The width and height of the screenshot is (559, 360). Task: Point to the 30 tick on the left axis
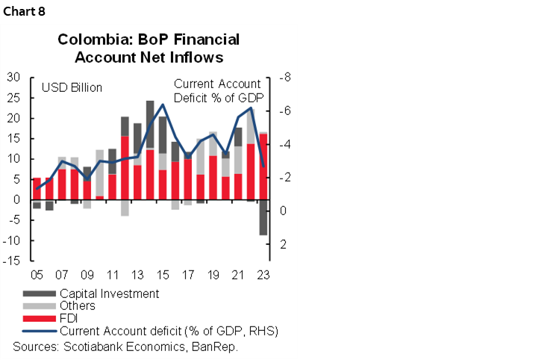click(x=13, y=78)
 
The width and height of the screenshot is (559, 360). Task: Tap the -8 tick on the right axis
click(x=284, y=78)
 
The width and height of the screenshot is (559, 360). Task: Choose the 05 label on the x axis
click(x=36, y=273)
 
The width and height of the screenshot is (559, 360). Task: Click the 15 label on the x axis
click(x=162, y=273)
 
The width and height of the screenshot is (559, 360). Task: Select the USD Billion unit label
click(x=71, y=88)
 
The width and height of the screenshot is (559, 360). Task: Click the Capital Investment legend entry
click(x=109, y=294)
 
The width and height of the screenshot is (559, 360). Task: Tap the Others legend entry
click(x=78, y=306)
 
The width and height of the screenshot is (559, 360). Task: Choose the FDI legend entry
click(x=69, y=318)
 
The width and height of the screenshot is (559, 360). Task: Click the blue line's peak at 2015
click(x=163, y=105)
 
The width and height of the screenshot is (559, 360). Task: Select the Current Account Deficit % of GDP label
click(x=219, y=91)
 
